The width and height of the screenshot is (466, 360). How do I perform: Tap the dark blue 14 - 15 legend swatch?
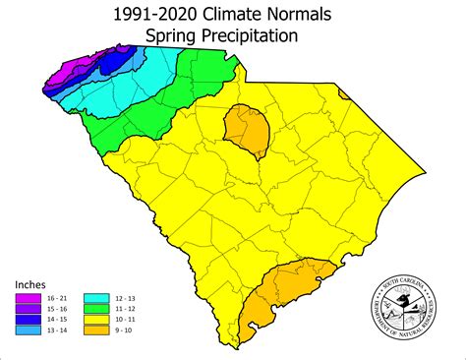(29, 320)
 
